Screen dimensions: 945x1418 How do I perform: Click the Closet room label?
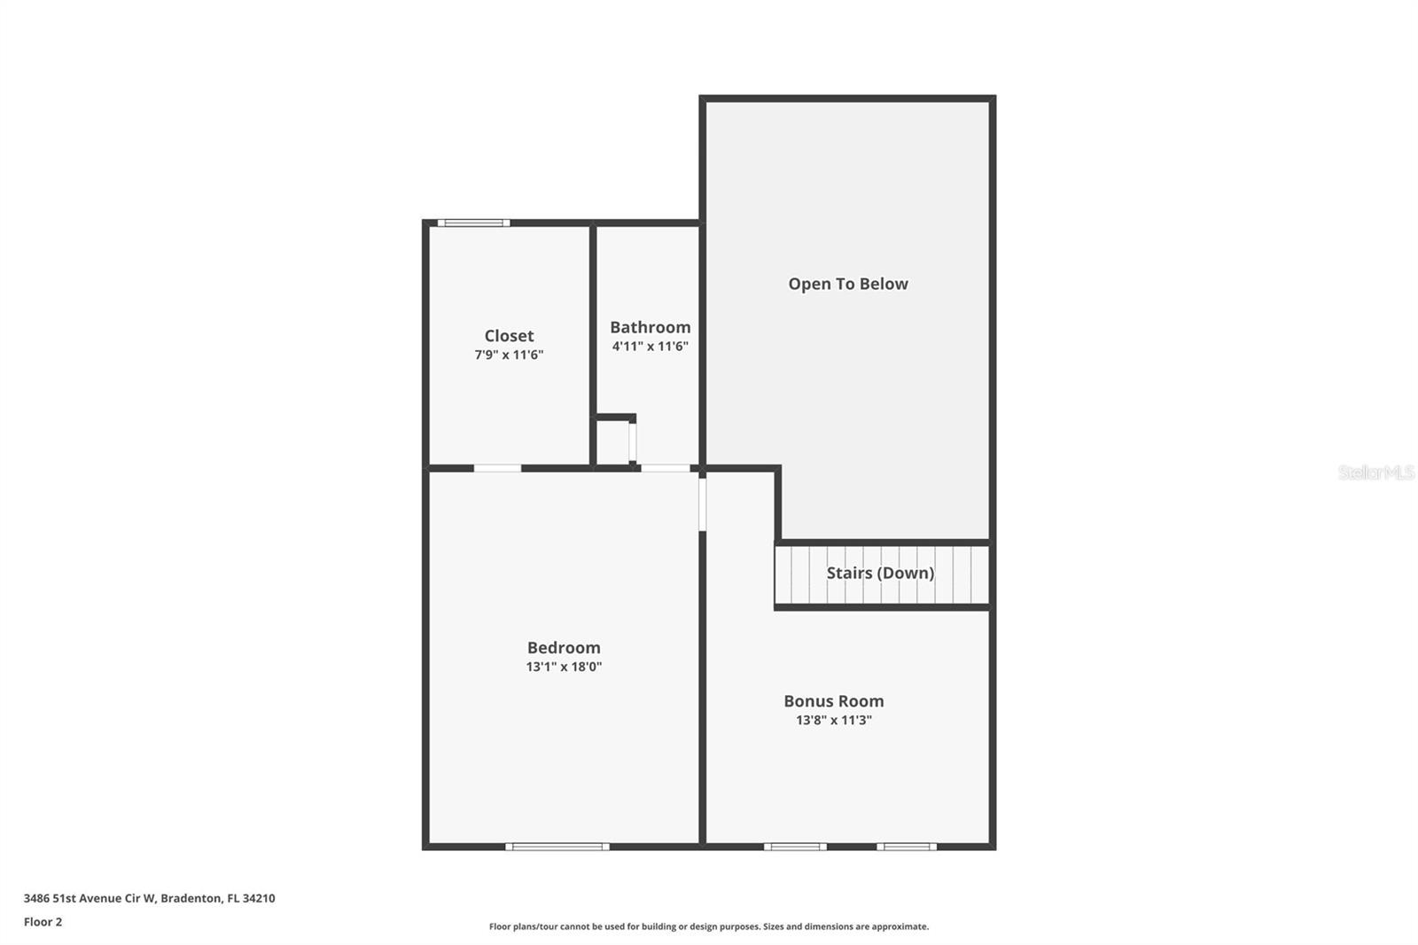(x=509, y=335)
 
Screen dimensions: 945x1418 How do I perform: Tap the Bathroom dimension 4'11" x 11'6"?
(x=650, y=347)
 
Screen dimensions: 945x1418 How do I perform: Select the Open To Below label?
(x=848, y=284)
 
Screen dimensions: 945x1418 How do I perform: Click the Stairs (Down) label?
(x=880, y=573)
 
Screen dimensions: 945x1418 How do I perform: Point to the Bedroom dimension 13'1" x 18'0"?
(x=564, y=667)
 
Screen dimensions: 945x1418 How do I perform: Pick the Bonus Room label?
(x=833, y=700)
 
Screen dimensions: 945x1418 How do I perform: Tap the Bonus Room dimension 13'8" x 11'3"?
(x=833, y=720)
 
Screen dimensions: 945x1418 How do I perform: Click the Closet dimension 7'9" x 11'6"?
(x=509, y=355)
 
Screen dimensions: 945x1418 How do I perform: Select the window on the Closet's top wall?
(x=473, y=223)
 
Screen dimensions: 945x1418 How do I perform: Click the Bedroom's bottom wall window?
(x=557, y=847)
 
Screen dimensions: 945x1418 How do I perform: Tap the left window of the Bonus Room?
(x=795, y=847)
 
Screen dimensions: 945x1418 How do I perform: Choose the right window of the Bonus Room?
(x=907, y=847)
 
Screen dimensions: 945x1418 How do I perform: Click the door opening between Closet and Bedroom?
(x=497, y=467)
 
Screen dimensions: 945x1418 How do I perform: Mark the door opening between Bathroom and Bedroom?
(x=665, y=467)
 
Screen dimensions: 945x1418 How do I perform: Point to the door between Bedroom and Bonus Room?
(x=702, y=504)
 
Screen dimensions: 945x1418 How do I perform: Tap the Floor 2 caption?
(x=43, y=922)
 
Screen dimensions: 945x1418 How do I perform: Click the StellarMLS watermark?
(x=1375, y=472)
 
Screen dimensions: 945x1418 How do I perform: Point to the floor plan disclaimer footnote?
(x=709, y=926)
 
